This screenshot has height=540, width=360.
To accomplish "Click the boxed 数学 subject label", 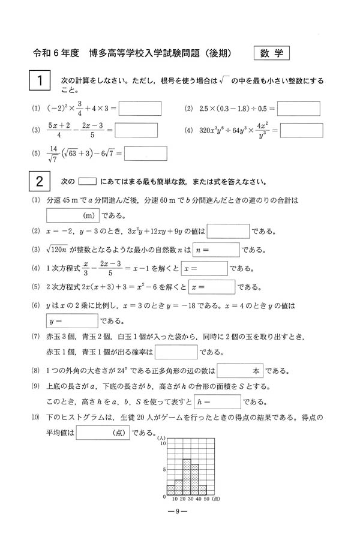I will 272,53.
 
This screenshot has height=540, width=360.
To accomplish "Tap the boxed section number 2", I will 39,181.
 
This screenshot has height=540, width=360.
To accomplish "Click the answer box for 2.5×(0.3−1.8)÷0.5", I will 298,109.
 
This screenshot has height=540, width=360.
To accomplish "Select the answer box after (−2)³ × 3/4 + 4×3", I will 140,109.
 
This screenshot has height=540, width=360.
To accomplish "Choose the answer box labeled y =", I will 71,321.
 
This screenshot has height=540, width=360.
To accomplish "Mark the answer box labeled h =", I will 217,401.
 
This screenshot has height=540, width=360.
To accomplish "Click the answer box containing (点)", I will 102,432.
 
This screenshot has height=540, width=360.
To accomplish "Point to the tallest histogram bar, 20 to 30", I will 187,478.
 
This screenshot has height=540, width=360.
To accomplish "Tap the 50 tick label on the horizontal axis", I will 206,499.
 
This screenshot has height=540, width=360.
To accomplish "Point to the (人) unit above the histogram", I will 161,437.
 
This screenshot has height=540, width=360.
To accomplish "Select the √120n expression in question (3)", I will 59,248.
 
